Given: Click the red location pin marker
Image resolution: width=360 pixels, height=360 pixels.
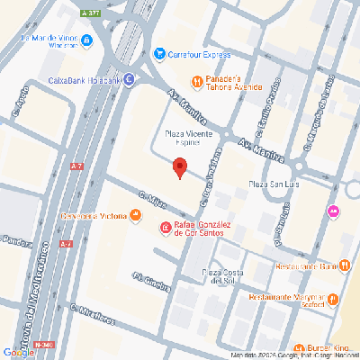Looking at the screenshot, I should (179, 167).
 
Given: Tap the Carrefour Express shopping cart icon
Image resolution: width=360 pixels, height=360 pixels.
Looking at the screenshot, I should (159, 54).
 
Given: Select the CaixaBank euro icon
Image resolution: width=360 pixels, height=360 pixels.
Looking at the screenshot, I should (128, 79).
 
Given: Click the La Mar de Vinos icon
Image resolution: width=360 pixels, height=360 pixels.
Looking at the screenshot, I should (85, 40).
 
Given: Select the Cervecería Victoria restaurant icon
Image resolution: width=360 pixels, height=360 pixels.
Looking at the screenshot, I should (135, 214).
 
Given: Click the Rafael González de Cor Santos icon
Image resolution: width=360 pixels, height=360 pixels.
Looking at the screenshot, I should (165, 229).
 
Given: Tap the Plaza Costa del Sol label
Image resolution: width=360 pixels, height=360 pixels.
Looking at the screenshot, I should (223, 275).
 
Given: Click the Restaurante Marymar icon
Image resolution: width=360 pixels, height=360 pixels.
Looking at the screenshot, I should (333, 299).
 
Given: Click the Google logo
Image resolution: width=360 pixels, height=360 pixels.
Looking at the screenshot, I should (19, 351).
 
